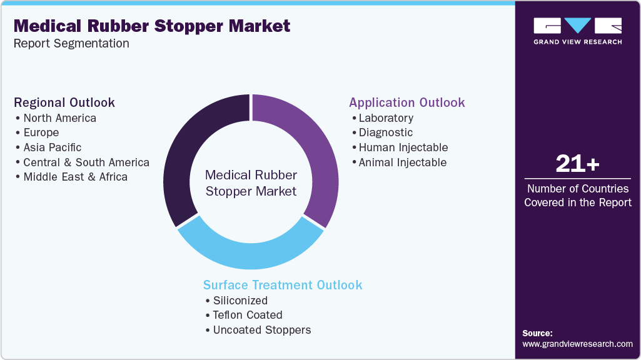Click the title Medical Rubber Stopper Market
151,26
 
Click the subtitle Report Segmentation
71,44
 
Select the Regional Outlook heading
64,102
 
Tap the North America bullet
59,118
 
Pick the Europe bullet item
41,132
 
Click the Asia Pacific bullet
52,147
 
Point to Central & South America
86,162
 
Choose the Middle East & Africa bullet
75,177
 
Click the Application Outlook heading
406,102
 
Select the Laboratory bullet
385,118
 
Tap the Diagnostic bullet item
385,132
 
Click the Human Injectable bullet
403,147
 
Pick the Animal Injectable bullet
402,162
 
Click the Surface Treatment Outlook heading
283,285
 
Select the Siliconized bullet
240,301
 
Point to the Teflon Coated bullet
247,315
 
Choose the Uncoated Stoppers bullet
261,330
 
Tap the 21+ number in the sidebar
577,164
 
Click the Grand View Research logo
577,31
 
